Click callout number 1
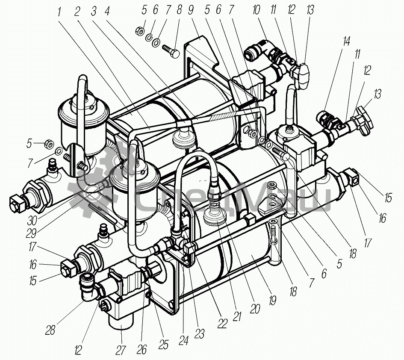(59, 12)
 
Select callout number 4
(107, 12)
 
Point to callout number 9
(191, 10)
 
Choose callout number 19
(273, 301)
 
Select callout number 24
(184, 340)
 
